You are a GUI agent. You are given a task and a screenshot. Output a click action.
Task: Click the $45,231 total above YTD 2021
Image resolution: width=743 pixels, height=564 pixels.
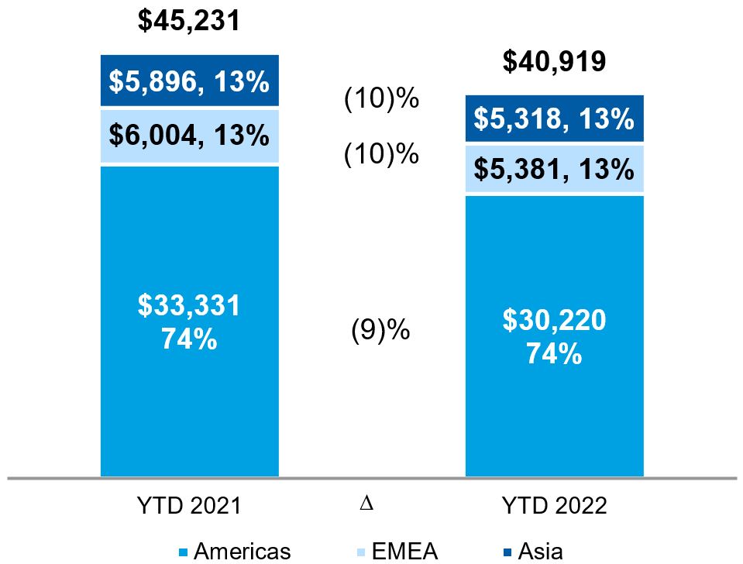pos(189,21)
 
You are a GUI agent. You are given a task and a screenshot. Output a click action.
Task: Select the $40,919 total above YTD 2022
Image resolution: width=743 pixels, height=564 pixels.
pos(553,62)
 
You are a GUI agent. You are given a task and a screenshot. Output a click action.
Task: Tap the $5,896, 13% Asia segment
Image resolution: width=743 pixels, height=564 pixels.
pos(189,81)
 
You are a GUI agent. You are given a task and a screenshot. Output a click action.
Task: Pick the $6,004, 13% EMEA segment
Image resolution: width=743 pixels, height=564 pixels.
pos(189,136)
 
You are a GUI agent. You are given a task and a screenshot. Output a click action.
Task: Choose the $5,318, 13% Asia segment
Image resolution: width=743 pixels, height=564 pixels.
pos(554,119)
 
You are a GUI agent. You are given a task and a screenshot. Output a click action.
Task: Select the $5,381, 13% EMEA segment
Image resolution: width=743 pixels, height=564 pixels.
pos(554,168)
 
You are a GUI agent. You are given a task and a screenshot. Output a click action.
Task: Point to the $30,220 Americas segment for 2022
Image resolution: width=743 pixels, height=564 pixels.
pos(554,336)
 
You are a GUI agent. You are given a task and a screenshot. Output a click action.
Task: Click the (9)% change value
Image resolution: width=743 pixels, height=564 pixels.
pos(380,331)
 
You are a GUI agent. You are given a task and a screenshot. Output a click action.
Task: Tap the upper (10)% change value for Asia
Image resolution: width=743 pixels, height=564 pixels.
pos(381,100)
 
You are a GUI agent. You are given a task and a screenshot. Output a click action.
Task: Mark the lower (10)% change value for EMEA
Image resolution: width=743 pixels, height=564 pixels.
pos(381,155)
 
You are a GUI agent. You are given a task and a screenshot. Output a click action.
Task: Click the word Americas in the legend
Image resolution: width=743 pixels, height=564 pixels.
pos(243,552)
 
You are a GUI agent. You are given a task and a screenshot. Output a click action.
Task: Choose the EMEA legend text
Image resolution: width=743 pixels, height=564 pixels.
pos(405,552)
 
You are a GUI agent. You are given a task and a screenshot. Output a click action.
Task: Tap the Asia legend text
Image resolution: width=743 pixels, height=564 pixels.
pos(540,552)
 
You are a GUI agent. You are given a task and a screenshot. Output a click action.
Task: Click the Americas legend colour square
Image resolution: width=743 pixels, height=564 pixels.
pos(184,552)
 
